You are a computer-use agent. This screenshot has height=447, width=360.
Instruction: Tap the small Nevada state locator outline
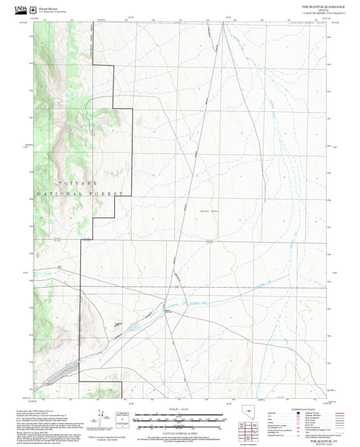tap(241, 414)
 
